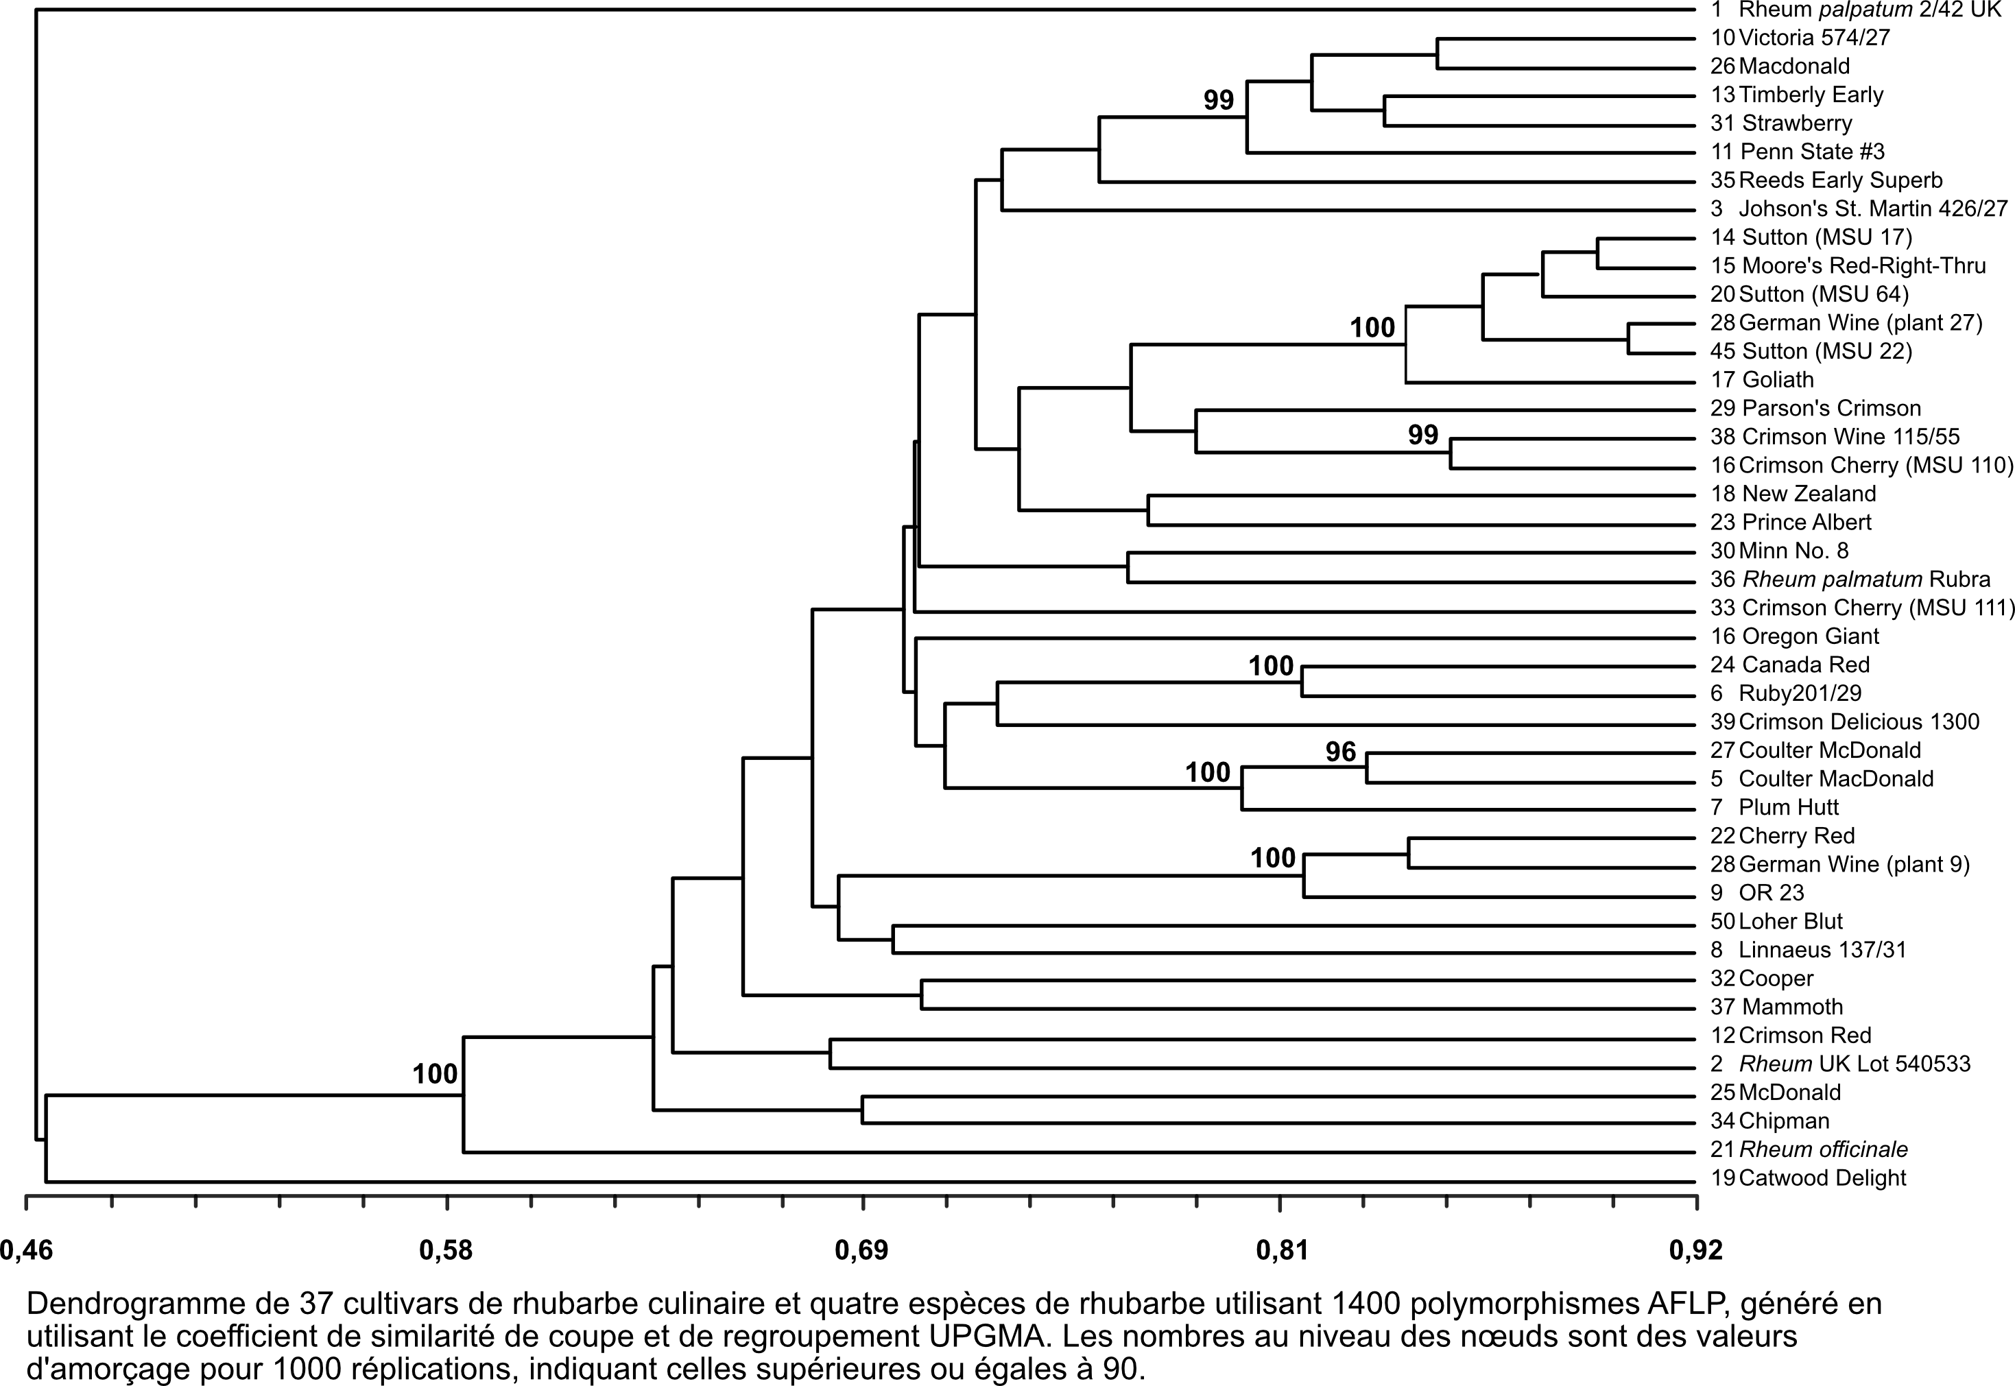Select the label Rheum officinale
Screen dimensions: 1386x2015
pyautogui.click(x=1823, y=1150)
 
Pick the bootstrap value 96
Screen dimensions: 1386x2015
pyautogui.click(x=1340, y=752)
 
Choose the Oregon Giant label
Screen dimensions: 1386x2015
pyautogui.click(x=1810, y=636)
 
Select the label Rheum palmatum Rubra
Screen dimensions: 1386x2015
pyautogui.click(x=1865, y=580)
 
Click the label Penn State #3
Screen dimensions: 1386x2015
pyautogui.click(x=1812, y=152)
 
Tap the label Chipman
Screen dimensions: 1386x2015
pyautogui.click(x=1785, y=1121)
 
